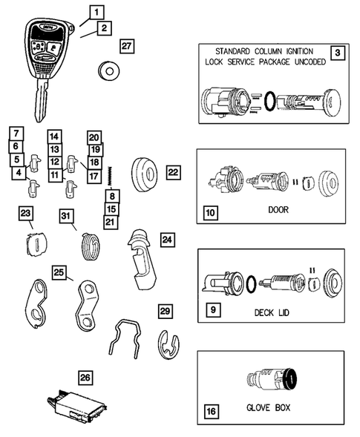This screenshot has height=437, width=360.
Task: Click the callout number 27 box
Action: tap(127, 46)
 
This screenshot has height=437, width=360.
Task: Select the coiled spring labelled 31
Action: tap(89, 244)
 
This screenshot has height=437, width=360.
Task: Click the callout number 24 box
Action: tap(167, 239)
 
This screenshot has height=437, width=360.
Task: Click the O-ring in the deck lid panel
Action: tap(252, 283)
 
